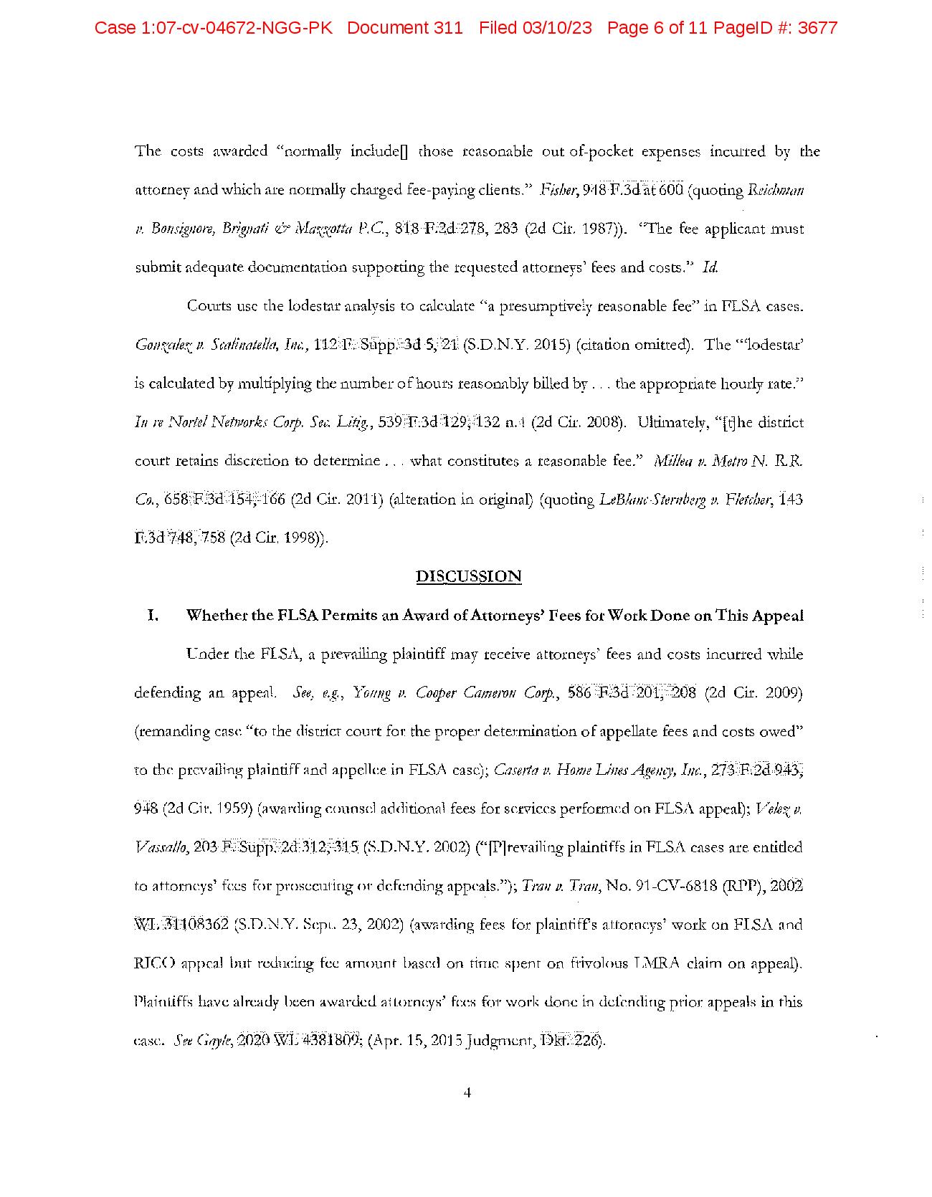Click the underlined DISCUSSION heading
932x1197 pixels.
coord(468,576)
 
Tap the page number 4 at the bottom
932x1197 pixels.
coord(467,1093)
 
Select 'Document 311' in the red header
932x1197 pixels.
coord(405,29)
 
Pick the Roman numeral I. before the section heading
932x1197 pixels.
coord(152,616)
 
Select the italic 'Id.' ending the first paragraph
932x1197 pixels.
coord(710,268)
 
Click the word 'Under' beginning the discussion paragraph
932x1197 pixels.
coord(205,654)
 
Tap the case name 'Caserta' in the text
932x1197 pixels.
coord(515,771)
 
